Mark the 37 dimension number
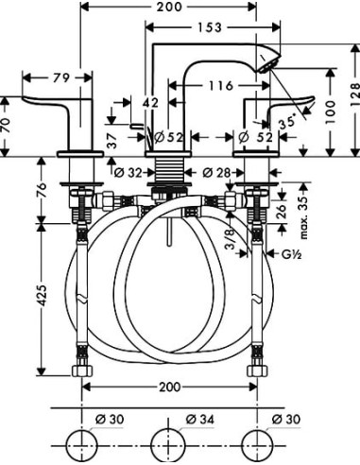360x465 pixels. coord(112,140)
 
